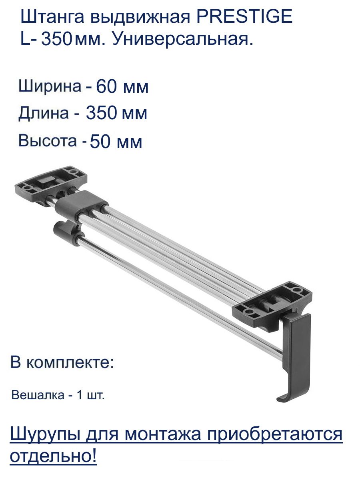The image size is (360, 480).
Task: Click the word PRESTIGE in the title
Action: click(244, 16)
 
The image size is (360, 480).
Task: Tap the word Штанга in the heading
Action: click(52, 17)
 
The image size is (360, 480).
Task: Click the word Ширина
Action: click(50, 86)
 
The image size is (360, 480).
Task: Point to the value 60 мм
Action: click(122, 87)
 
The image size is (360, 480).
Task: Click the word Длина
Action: click(44, 114)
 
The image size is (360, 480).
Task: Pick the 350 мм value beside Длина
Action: click(116, 113)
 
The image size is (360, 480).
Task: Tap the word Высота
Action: click(48, 141)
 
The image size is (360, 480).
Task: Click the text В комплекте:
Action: click(62, 362)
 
